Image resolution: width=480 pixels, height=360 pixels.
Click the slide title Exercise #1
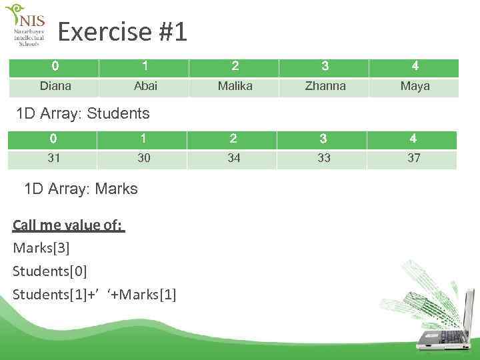click(x=123, y=31)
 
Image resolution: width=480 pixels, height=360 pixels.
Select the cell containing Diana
click(x=55, y=86)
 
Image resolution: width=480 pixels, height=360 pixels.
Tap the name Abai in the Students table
click(x=145, y=86)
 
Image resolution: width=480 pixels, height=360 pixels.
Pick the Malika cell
click(x=235, y=86)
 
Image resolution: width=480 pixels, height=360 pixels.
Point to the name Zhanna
click(x=325, y=86)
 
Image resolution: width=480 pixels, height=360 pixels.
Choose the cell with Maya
click(x=415, y=86)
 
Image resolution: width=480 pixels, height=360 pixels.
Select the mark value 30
click(x=143, y=158)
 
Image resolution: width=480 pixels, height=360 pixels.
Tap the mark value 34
click(x=234, y=158)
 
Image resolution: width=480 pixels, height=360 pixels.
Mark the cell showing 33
click(x=324, y=158)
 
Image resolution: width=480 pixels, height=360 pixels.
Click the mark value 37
click(x=414, y=158)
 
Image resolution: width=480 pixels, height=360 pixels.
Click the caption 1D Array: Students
click(x=83, y=113)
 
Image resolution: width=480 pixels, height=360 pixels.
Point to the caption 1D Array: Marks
click(x=81, y=189)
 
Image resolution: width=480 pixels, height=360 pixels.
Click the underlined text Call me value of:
click(x=68, y=225)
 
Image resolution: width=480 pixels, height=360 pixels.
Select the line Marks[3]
click(x=41, y=248)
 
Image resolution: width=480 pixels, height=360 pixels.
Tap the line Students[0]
click(x=50, y=271)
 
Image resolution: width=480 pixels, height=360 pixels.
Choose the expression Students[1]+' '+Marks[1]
click(x=95, y=295)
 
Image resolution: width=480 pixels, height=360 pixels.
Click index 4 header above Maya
click(x=415, y=66)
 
